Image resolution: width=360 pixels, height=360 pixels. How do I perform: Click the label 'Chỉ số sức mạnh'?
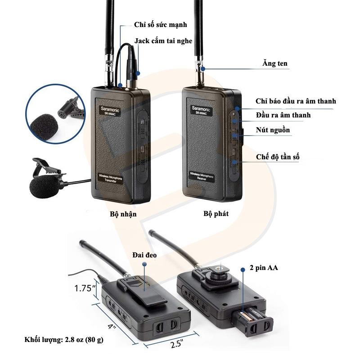coord(160,25)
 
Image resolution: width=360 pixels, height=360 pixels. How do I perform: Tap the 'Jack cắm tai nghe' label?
coord(163,41)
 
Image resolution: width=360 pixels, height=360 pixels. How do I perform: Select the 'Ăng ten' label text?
coord(275,64)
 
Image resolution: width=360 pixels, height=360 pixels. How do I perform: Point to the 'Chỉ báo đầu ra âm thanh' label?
coord(296,102)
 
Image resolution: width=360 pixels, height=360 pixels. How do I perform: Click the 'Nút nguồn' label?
coord(273,130)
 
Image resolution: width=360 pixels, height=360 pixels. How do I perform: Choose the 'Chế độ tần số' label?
coord(278,157)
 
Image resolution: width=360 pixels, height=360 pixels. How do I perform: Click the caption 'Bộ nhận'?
coord(123,214)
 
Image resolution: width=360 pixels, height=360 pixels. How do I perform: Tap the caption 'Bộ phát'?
coord(216,214)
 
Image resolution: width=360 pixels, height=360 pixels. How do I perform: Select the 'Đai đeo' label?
coord(144,255)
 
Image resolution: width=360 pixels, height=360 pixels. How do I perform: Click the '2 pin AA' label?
coord(264,268)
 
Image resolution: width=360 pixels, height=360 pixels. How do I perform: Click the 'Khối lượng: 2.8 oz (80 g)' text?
coord(64,339)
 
